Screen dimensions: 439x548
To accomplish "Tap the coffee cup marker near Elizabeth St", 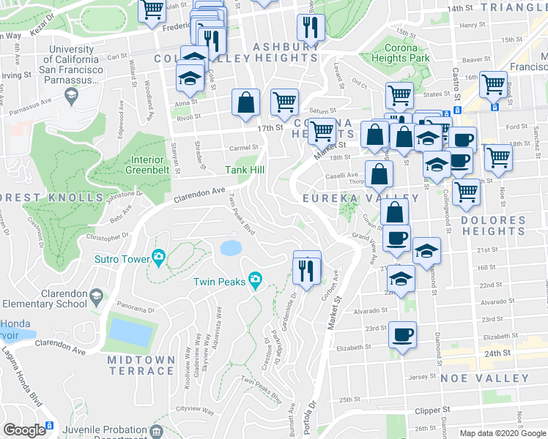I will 402,336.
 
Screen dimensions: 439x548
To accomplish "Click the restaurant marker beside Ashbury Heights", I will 311,28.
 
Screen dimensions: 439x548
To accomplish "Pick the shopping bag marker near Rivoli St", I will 246,103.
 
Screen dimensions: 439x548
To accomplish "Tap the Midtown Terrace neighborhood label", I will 141,365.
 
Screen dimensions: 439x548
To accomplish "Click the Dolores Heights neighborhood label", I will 493,225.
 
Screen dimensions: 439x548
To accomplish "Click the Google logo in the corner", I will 24,430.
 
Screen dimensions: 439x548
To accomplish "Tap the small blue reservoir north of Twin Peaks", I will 230,247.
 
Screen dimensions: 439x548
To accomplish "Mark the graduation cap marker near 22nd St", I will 401,279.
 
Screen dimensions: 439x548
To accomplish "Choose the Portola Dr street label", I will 312,410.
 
